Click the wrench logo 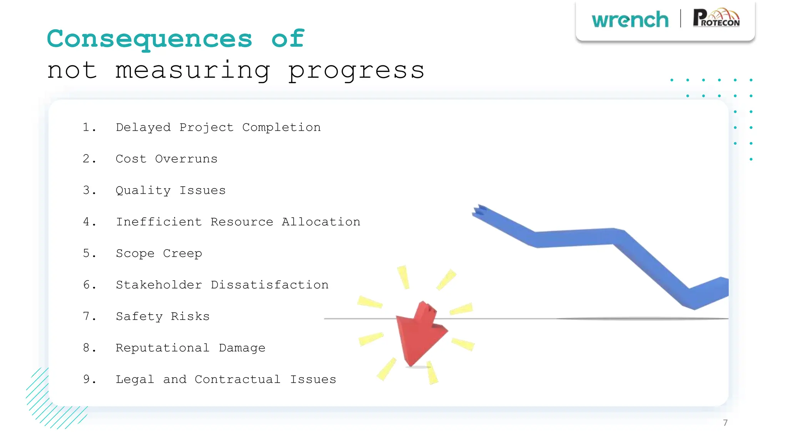(630, 20)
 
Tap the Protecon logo (716, 18)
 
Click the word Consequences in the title (149, 39)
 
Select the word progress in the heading (356, 71)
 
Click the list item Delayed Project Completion (218, 127)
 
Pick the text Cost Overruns (167, 159)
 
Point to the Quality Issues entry (170, 190)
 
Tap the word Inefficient (159, 222)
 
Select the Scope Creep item (159, 253)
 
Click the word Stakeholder (159, 285)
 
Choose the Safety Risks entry (163, 316)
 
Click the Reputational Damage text (190, 348)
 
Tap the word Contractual (237, 380)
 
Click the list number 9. (87, 380)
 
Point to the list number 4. (87, 222)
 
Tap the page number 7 (725, 423)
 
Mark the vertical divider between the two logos (681, 18)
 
